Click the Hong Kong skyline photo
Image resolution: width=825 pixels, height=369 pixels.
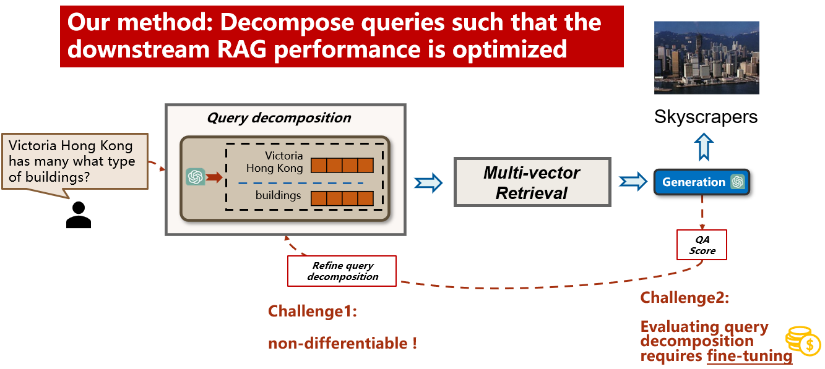tap(706, 57)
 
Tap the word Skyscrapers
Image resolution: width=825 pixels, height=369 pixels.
tap(706, 117)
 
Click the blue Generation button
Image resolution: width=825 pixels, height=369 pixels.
tap(694, 182)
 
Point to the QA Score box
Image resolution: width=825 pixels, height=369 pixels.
tap(702, 245)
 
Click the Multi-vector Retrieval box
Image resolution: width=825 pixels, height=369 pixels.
tap(532, 182)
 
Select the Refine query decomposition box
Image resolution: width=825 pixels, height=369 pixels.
tap(342, 271)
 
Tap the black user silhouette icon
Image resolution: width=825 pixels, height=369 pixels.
tap(79, 214)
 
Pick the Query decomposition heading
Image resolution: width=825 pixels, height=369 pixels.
tap(279, 118)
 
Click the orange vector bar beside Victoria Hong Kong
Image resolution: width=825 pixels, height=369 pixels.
tap(342, 166)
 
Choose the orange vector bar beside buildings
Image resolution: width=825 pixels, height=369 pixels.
tap(342, 198)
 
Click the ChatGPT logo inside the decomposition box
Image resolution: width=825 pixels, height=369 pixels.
tap(196, 177)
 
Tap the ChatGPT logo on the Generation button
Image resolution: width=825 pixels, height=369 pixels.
tap(737, 182)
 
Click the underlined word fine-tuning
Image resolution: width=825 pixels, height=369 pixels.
tap(749, 356)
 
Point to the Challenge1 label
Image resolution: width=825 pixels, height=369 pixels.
tap(313, 312)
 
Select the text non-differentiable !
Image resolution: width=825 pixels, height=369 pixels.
tap(342, 344)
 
